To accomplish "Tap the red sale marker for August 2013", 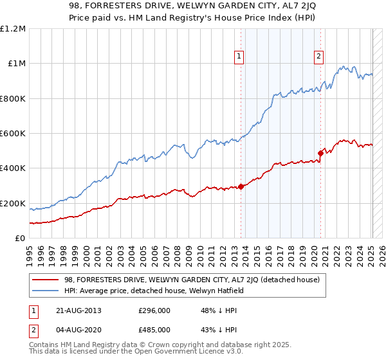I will [x=241, y=186].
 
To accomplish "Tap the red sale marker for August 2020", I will [x=320, y=153].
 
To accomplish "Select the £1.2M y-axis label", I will [x=14, y=29].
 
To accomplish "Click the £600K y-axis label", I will [x=14, y=134].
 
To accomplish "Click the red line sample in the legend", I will [x=46, y=280].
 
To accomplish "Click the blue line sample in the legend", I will [x=46, y=291].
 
